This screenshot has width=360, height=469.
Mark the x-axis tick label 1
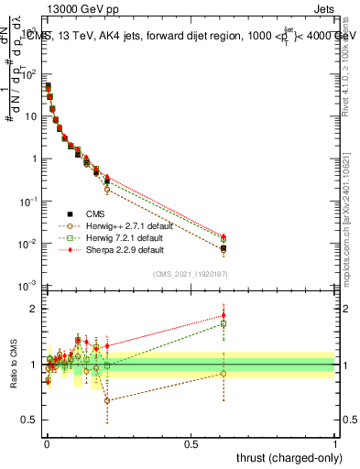[335, 444]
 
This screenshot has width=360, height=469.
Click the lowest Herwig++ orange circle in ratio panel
[107, 400]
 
